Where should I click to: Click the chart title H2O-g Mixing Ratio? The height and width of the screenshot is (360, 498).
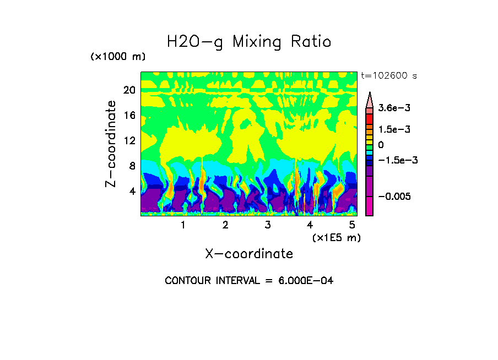point(249,42)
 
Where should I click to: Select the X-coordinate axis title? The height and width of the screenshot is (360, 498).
point(249,254)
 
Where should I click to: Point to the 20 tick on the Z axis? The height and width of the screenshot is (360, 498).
point(129,90)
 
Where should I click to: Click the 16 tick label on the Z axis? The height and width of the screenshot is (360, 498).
point(129,116)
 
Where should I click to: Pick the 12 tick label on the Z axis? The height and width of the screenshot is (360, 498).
point(129,140)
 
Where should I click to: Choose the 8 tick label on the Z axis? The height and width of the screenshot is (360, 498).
point(132,166)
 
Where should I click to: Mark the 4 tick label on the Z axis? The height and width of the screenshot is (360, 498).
point(132,191)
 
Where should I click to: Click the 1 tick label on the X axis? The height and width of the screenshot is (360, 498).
point(183,225)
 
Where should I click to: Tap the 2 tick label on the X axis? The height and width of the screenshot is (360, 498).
point(225,225)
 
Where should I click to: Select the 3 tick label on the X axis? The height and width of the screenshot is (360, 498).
point(268,225)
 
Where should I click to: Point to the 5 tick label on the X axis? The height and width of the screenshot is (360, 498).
point(352,225)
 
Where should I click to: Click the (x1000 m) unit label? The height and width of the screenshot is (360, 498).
point(118,57)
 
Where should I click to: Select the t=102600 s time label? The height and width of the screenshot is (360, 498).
point(389,76)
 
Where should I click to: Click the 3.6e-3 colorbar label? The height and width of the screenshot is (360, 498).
point(391,110)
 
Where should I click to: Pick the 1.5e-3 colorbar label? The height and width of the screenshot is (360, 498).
point(391,129)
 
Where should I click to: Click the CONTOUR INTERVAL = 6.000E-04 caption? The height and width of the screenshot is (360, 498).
point(249,281)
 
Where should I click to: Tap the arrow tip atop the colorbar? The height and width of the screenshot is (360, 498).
point(370,94)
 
